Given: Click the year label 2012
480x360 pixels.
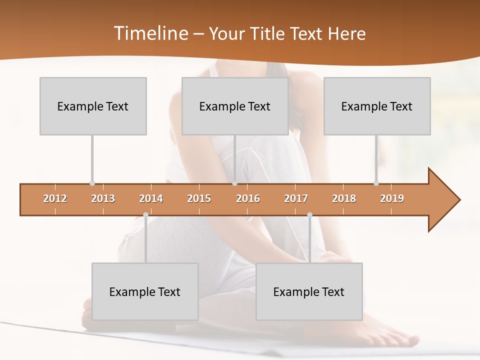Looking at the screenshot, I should (x=55, y=198).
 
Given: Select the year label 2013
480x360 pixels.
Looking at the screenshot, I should (x=103, y=198).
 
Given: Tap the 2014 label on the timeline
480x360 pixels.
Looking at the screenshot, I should (x=151, y=198).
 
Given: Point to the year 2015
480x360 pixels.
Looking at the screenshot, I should (x=199, y=198).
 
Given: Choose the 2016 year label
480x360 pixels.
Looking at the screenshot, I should (x=248, y=198).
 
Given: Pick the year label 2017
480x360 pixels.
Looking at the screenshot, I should (x=296, y=198).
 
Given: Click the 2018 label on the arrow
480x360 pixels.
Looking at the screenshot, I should (x=344, y=198).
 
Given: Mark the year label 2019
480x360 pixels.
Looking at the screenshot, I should (x=392, y=198).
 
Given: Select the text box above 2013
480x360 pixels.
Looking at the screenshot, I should (x=93, y=106).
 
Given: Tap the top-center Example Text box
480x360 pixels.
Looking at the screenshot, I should (x=235, y=106).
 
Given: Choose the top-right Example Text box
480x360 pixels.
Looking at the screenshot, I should (x=377, y=106).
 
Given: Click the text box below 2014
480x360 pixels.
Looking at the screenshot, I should (x=145, y=291).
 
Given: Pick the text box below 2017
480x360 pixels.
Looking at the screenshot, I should (x=309, y=291).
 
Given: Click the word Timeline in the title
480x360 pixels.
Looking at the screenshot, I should (x=150, y=33).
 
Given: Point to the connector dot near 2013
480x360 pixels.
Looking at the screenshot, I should (x=92, y=183).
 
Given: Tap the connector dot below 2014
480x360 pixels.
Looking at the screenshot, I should (x=145, y=215).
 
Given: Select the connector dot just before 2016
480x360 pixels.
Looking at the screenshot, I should (x=234, y=183).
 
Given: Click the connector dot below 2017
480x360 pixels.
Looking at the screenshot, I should (x=309, y=215).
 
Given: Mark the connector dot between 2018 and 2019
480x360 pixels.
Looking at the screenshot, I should (x=376, y=183).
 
